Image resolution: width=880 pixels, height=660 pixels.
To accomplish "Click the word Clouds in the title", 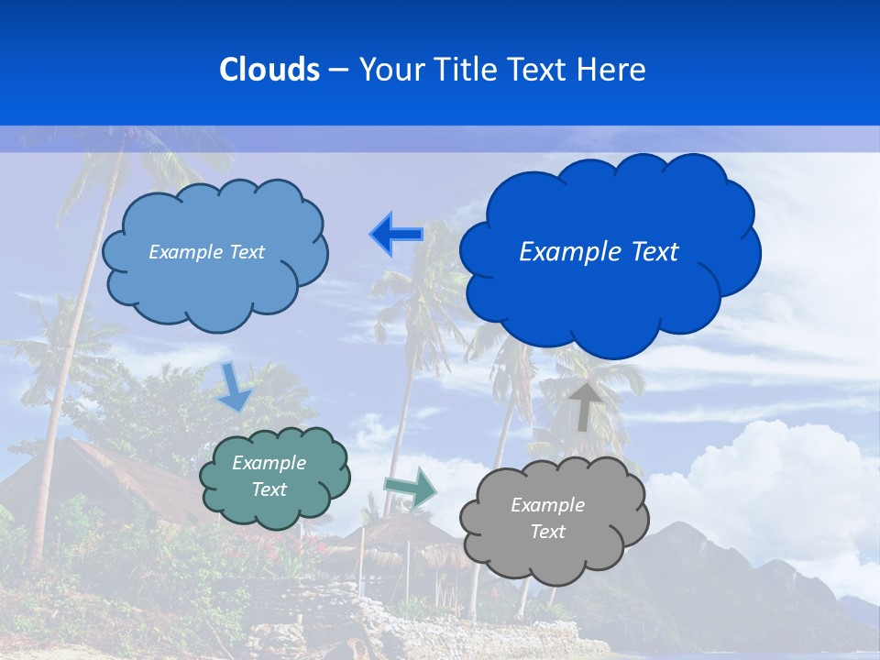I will point(269,70).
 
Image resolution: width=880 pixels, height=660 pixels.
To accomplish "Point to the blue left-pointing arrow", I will point(396,235).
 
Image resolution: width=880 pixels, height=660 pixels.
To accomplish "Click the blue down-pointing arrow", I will point(235,387).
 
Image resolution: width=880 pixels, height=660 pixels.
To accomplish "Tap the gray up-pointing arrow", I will point(584,405).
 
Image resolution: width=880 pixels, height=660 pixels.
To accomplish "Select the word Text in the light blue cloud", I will point(245,252).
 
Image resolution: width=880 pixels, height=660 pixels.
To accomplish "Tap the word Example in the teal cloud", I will point(269,463).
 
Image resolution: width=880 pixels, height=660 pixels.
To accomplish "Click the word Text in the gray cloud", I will point(548,532).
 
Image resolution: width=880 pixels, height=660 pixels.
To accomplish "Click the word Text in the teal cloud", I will point(269,489).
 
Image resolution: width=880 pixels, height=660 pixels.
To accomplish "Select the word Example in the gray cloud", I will point(548,505).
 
